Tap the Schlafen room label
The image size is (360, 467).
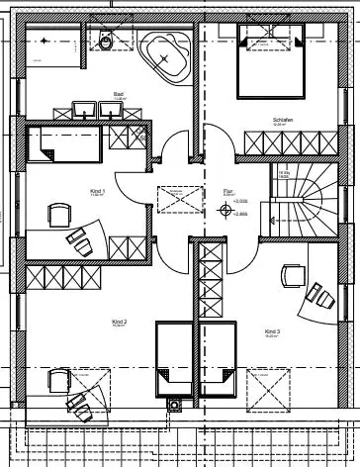click(x=286, y=122)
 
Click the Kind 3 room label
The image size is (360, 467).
click(x=272, y=331)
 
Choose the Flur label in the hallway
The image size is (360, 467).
click(x=228, y=194)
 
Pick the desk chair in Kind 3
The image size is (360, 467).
click(x=292, y=274)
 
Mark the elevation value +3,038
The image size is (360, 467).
click(x=239, y=202)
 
